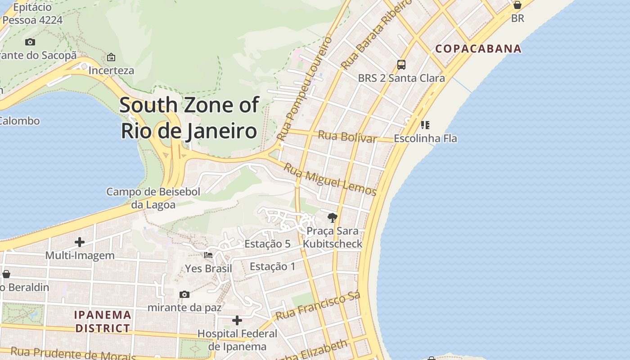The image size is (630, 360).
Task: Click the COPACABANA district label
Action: point(479,49)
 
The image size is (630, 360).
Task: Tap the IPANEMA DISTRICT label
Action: point(103,321)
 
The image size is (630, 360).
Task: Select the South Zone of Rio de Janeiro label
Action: point(189,118)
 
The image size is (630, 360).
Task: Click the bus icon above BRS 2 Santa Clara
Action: point(401,65)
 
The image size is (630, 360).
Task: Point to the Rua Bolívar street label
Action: point(347,137)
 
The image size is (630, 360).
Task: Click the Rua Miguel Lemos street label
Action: point(330,180)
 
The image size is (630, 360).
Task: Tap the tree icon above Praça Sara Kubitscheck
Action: point(333,218)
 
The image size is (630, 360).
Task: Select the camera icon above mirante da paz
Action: point(184,295)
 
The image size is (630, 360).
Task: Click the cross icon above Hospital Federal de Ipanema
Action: point(237,320)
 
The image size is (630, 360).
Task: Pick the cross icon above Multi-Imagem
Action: point(80,242)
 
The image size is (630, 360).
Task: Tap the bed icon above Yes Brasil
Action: point(208,255)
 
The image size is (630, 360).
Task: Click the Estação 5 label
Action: point(267,244)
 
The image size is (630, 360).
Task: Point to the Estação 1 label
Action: point(273,266)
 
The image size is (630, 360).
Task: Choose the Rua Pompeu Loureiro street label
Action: point(305,88)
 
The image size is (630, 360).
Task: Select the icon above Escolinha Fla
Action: point(425,125)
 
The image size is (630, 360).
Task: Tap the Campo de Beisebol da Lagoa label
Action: point(153,198)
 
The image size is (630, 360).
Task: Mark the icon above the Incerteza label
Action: point(111,57)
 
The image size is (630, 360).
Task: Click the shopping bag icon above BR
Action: point(517,5)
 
